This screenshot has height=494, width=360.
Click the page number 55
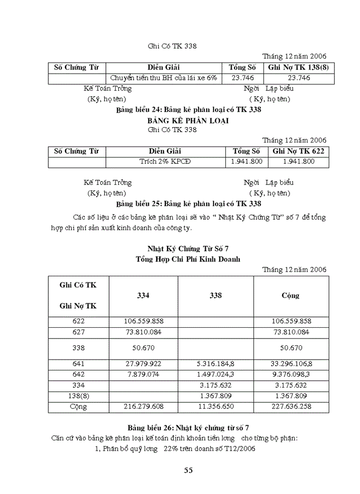[x=188, y=470]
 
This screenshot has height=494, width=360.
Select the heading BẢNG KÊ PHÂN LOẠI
[x=188, y=120]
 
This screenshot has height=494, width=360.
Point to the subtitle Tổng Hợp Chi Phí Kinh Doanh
[x=188, y=259]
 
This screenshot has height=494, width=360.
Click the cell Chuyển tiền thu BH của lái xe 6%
[x=164, y=78]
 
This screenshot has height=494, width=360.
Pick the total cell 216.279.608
[x=143, y=407]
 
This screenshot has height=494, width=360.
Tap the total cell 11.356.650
[x=215, y=407]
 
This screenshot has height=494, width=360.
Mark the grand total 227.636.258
[x=291, y=407]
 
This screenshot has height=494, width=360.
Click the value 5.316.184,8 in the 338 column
[x=215, y=363]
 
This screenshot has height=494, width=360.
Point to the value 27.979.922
[x=143, y=363]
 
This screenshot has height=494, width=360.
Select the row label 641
[x=79, y=363]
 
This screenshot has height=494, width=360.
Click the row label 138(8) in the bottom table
[x=79, y=396]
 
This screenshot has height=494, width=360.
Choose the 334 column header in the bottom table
[x=143, y=295]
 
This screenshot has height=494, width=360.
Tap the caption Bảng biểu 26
[x=188, y=428]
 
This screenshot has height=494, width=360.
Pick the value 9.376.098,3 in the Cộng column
[x=291, y=374]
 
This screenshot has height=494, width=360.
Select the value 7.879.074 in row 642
[x=143, y=374]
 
